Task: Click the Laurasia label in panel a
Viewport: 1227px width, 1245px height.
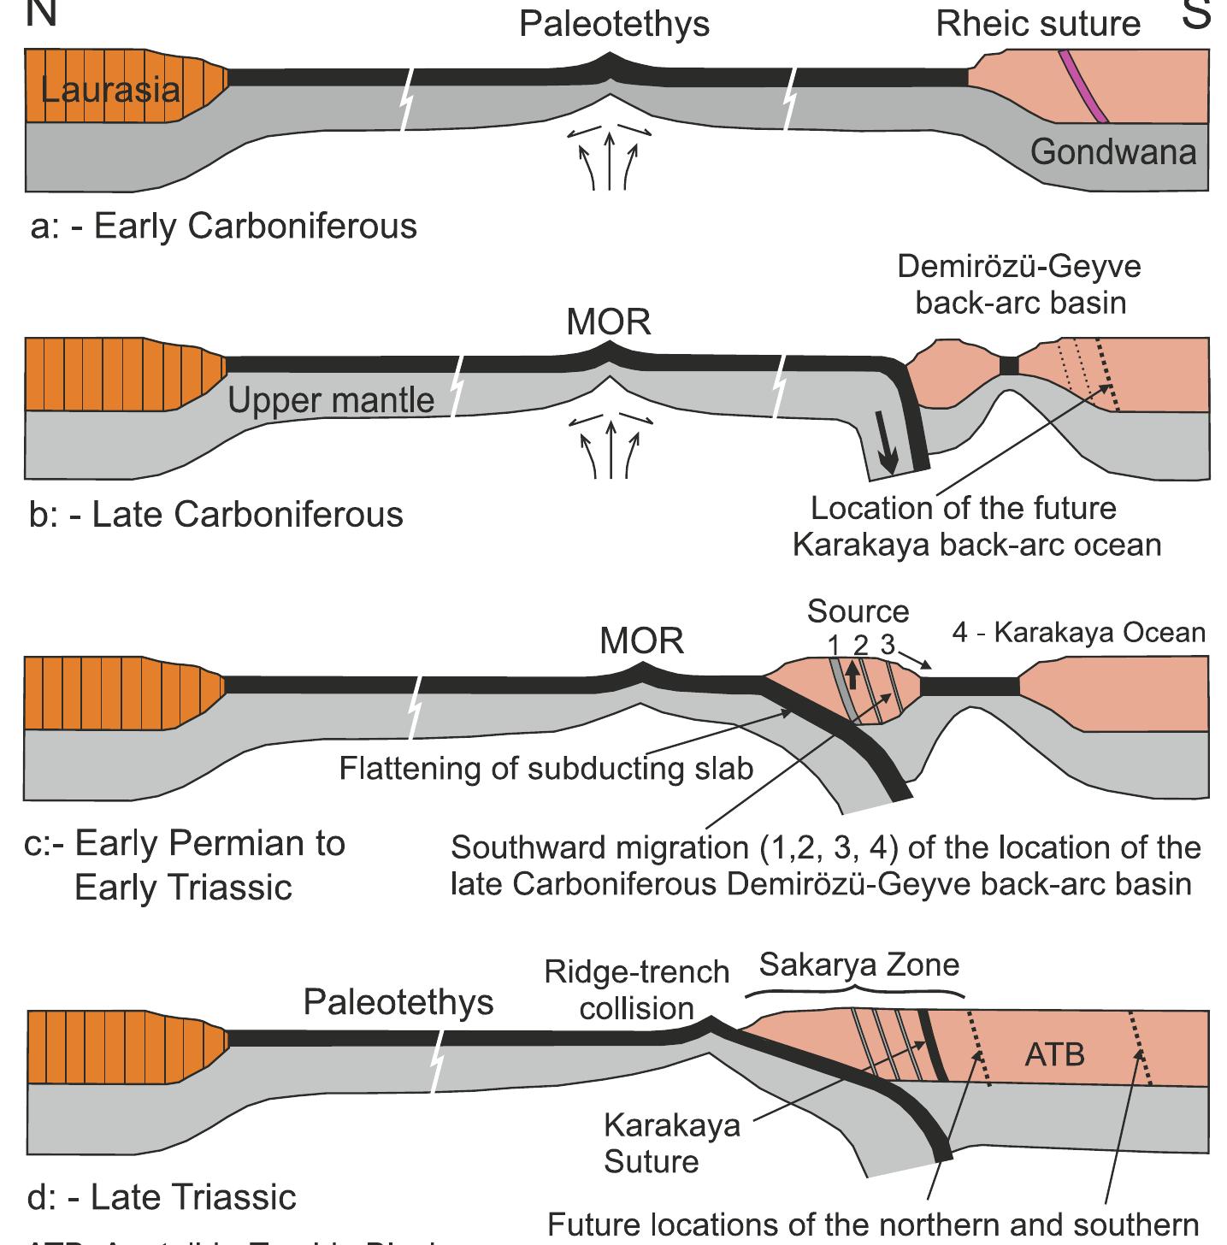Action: coord(110,90)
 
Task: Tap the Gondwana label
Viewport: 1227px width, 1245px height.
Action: coord(1112,152)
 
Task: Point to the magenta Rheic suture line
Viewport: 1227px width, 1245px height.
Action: coord(1083,86)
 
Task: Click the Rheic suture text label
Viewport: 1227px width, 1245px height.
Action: coord(1038,24)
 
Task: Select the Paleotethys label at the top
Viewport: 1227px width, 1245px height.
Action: coord(614,24)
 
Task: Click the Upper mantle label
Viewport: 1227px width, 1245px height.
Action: coord(331,400)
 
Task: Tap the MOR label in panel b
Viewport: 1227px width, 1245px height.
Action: coord(609,322)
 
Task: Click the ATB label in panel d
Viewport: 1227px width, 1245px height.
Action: coord(1054,1054)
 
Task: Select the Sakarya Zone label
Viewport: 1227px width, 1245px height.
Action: coord(859,965)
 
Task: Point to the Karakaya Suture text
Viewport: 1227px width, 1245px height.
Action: coord(671,1142)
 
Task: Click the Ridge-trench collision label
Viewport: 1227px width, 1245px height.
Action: coord(637,990)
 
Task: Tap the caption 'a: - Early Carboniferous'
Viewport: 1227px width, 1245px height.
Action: coord(223,227)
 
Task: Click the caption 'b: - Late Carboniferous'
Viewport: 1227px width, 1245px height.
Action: coord(215,515)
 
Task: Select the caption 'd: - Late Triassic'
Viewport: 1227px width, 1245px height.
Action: coord(162,1197)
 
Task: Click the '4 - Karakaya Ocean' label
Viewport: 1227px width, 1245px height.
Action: coord(1078,633)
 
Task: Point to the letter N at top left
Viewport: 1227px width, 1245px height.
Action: coord(41,13)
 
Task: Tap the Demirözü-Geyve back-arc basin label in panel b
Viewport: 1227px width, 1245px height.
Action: coord(1019,285)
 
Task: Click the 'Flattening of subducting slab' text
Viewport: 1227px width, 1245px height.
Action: coord(546,768)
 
